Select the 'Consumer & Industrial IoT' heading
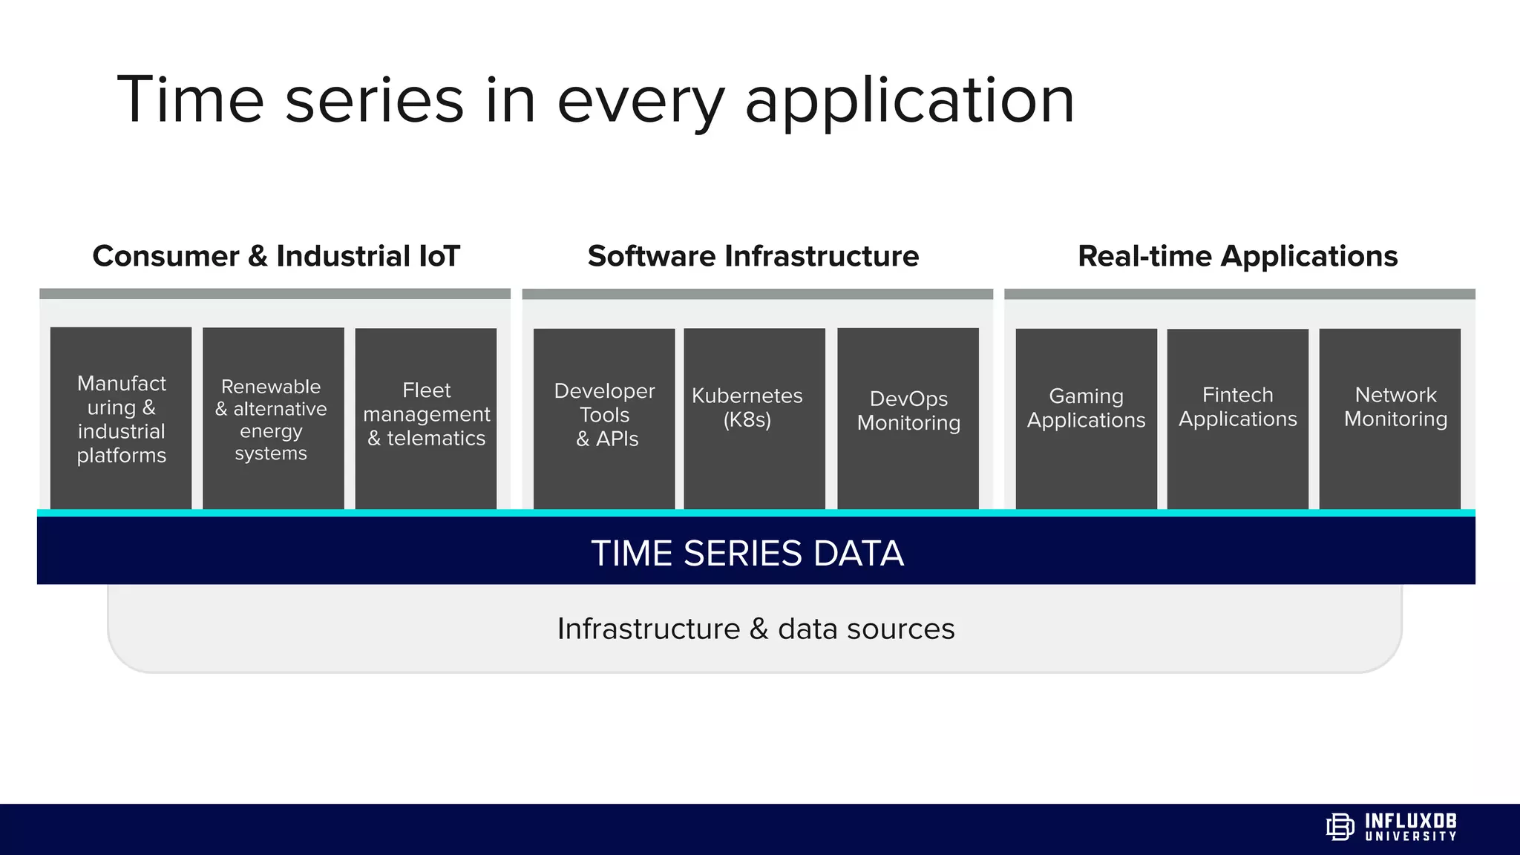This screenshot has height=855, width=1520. point(276,256)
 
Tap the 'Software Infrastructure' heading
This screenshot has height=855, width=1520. point(753,256)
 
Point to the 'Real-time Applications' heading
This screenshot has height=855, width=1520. point(1237,256)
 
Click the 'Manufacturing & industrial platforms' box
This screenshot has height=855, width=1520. point(121,419)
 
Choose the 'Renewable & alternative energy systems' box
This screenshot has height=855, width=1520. point(273,419)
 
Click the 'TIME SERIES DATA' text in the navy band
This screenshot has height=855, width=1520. point(747,553)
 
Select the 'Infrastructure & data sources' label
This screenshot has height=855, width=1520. point(756,629)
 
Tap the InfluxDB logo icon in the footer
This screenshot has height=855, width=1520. point(1340,827)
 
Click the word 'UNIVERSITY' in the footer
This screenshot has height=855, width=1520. point(1410,836)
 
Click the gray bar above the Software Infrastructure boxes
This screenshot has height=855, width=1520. point(757,294)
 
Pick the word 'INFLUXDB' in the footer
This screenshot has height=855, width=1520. point(1410,821)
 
